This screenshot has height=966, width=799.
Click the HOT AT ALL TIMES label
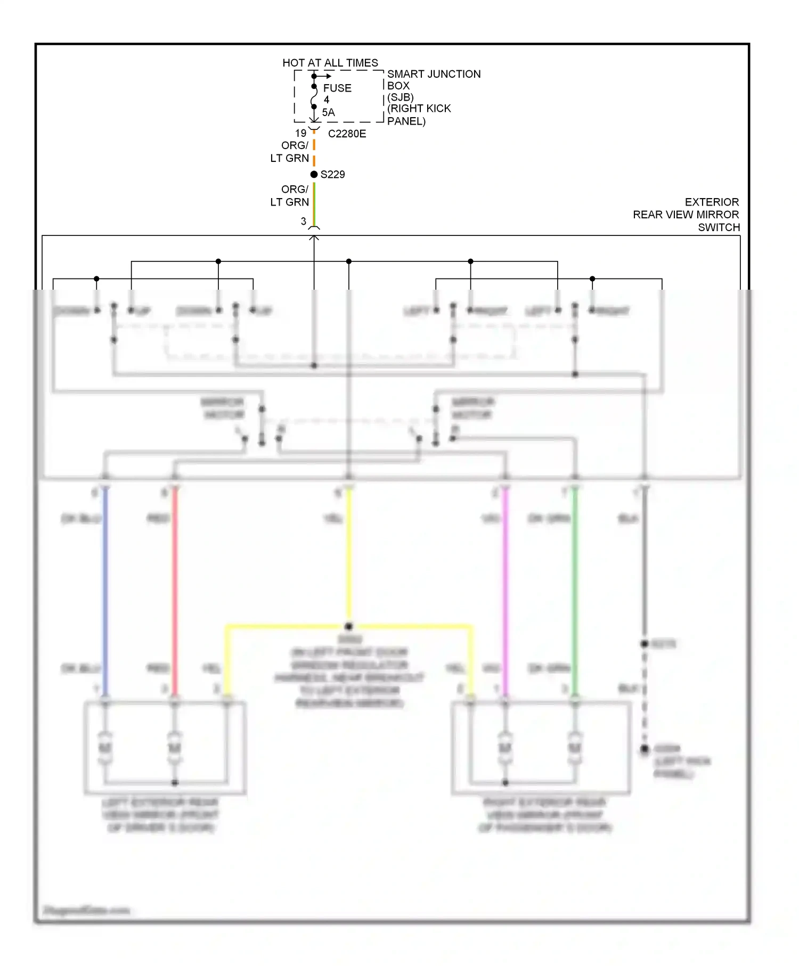[x=330, y=63]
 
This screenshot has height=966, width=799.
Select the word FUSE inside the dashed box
[x=337, y=88]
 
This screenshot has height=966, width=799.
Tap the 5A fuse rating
[x=328, y=112]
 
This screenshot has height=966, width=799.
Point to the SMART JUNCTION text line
[x=434, y=74]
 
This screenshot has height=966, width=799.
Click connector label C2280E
[x=347, y=134]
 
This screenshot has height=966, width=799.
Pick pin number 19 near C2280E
[x=301, y=133]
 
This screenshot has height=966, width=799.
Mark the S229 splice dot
[x=314, y=174]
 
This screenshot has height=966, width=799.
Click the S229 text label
[x=333, y=175]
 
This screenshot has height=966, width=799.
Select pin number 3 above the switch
[x=304, y=221]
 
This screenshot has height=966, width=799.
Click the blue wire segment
[x=105, y=586]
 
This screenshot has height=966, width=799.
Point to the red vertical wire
[x=174, y=586]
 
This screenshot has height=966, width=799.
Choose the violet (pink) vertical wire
[x=505, y=586]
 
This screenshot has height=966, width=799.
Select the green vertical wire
[x=575, y=586]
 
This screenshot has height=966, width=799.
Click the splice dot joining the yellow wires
[x=349, y=626]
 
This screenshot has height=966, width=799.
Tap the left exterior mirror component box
[x=165, y=748]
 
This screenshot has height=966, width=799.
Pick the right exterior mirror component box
[x=541, y=748]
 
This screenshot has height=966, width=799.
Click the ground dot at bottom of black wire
[x=645, y=749]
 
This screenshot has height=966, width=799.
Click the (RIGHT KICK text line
[x=419, y=109]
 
